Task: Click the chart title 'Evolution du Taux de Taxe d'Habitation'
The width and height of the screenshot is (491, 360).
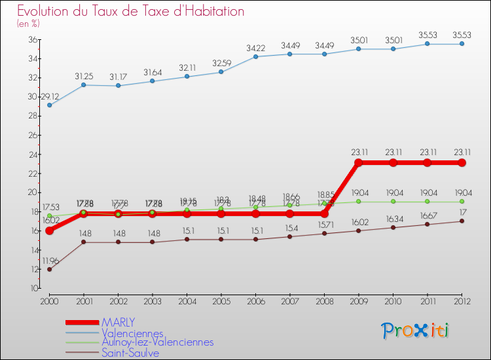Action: click(131, 11)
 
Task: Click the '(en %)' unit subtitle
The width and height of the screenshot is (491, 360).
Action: click(28, 24)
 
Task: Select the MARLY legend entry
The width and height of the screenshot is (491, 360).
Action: click(118, 322)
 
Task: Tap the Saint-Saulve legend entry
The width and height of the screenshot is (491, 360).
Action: click(130, 353)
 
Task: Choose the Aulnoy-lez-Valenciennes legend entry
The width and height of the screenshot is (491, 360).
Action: click(157, 342)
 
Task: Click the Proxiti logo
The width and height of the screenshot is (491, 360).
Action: click(416, 331)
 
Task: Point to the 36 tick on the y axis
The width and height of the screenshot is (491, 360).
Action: click(32, 39)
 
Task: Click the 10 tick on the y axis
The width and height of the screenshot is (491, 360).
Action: click(32, 288)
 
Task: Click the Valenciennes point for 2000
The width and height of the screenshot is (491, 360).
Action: click(49, 105)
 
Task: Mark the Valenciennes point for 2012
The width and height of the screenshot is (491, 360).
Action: click(462, 44)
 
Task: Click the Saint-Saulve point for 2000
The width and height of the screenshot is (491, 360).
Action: click(49, 269)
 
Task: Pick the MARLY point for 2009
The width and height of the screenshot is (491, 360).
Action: click(358, 162)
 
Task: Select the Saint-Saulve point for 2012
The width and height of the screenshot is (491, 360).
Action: click(462, 221)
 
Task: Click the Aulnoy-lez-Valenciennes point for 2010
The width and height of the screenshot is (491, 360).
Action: click(393, 202)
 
